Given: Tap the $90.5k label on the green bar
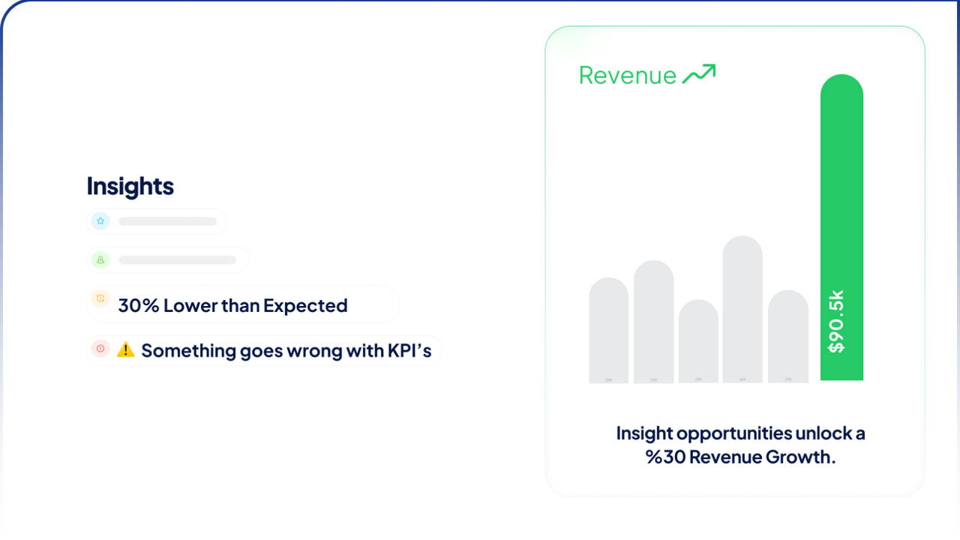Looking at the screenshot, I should pos(836,321).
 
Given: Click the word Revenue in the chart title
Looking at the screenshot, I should pos(628,75).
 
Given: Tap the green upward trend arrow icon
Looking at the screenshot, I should pos(698,73).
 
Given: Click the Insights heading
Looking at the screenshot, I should pos(130,186).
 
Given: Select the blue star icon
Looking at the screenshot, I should pos(100,221).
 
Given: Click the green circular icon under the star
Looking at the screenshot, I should pos(100,260).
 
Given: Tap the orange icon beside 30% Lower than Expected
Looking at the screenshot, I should pos(100,298).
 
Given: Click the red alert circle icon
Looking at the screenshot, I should pos(100,349).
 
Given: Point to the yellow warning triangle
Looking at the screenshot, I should pos(126,349).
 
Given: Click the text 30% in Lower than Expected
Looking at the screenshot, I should pos(137,305).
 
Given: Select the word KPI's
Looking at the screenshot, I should pos(410,350).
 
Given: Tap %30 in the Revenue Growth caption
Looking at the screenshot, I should pos(665,457).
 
